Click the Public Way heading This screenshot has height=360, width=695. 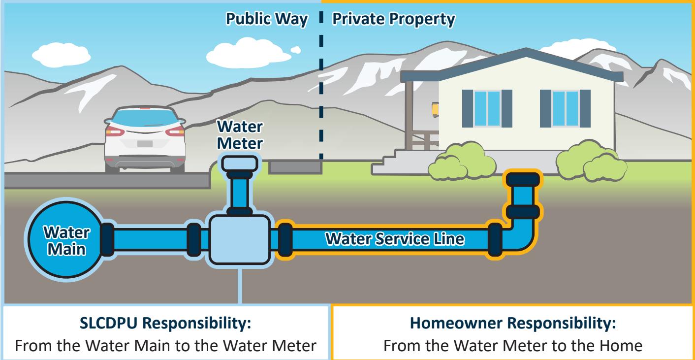point(266,20)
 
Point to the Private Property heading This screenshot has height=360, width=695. point(392,20)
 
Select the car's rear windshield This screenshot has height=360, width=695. point(145,118)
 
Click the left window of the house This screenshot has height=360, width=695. point(487,108)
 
